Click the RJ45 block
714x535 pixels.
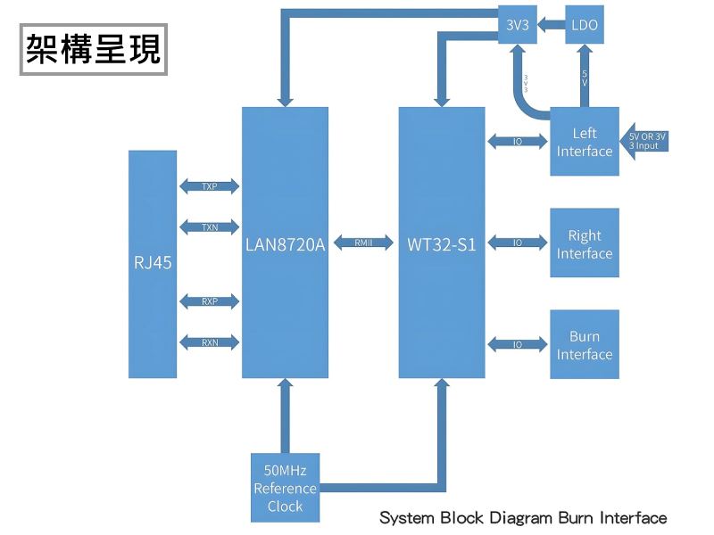click(x=152, y=263)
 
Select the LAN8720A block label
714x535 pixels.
click(x=285, y=243)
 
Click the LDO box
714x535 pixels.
click(x=585, y=25)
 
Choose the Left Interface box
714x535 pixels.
click(x=585, y=142)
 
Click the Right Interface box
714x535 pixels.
click(x=585, y=244)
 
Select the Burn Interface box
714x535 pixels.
click(x=585, y=345)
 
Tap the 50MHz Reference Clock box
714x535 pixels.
click(x=285, y=488)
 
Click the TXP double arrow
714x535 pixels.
click(x=210, y=186)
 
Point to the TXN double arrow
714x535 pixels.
click(x=210, y=226)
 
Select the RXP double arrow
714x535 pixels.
click(x=210, y=301)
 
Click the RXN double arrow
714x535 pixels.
click(x=210, y=342)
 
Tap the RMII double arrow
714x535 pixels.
click(x=363, y=243)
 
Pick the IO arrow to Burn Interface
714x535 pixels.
click(x=518, y=344)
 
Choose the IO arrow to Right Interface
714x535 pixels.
click(x=518, y=243)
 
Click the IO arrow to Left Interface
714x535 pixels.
click(x=518, y=141)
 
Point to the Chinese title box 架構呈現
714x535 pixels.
click(x=93, y=48)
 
